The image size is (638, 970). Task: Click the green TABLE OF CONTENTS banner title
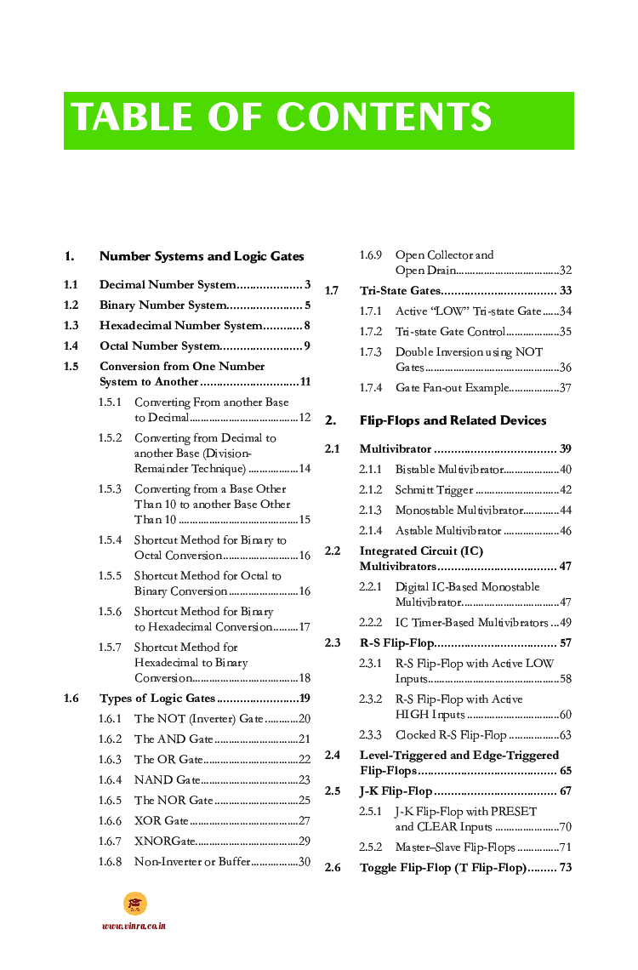click(x=282, y=118)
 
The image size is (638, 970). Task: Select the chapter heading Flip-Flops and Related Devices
click(x=453, y=420)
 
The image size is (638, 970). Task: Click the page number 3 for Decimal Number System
click(x=307, y=285)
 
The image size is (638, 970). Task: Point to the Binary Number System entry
click(x=162, y=305)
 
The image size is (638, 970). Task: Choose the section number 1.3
click(x=71, y=326)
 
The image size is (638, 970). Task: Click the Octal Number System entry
click(x=159, y=346)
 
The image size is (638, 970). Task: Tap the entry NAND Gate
click(x=167, y=780)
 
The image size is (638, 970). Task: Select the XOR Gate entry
click(x=161, y=821)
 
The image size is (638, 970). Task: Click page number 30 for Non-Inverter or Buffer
click(x=304, y=862)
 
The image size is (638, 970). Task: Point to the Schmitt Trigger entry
click(x=434, y=490)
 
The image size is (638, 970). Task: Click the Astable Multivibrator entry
click(x=448, y=531)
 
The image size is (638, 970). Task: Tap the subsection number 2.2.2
click(x=370, y=623)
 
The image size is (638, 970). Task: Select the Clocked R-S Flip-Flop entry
click(x=451, y=735)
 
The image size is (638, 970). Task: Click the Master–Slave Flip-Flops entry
click(x=455, y=847)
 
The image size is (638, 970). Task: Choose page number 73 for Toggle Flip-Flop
click(x=565, y=868)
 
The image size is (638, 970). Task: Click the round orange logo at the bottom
click(x=134, y=904)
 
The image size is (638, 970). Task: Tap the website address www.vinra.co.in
click(x=134, y=926)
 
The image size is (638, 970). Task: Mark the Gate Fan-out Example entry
click(x=451, y=388)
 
